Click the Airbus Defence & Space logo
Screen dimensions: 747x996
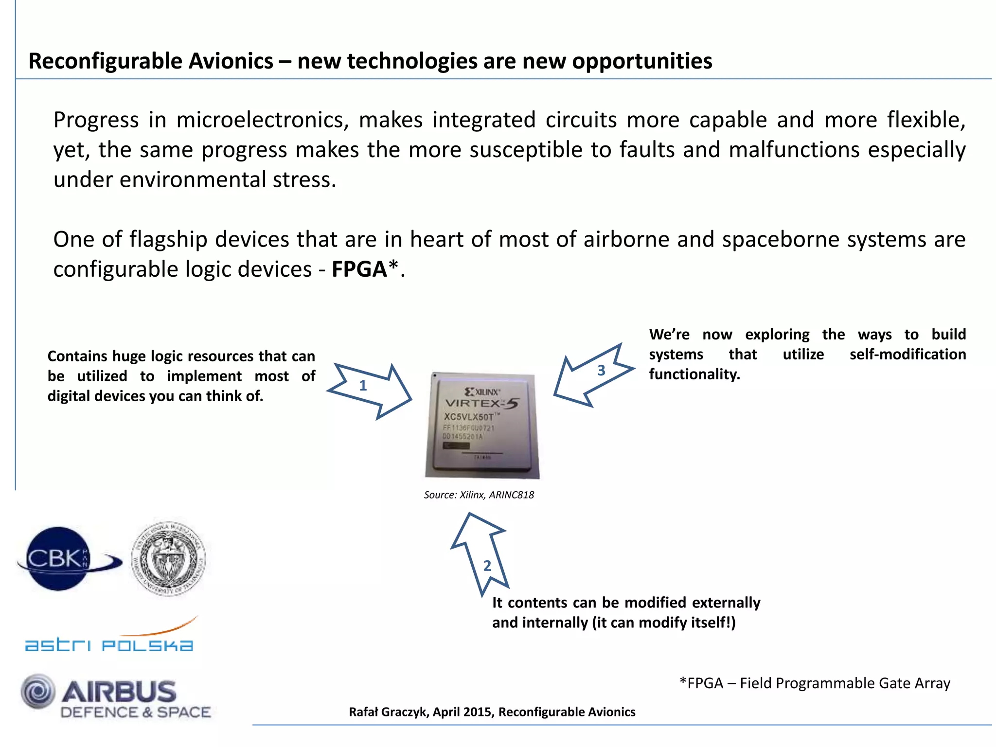(x=117, y=698)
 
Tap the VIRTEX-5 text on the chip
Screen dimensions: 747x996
(x=481, y=404)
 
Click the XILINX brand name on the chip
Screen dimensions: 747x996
(x=486, y=392)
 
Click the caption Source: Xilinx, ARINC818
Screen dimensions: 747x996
(x=479, y=495)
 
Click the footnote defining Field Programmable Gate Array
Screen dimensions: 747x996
(x=815, y=683)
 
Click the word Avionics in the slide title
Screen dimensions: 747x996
(x=231, y=61)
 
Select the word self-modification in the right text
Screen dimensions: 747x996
(x=907, y=354)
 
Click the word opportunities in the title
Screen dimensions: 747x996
(x=641, y=61)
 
